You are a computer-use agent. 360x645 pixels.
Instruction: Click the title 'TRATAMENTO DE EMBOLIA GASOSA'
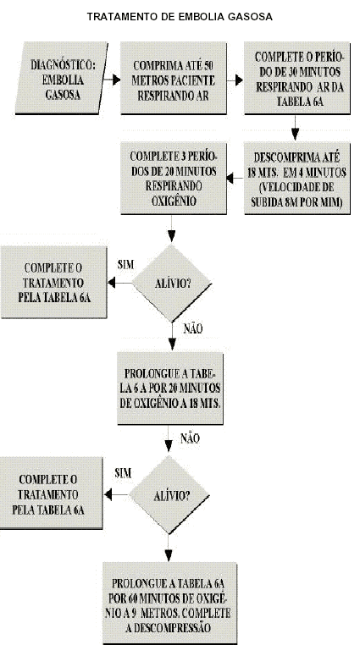click(180, 17)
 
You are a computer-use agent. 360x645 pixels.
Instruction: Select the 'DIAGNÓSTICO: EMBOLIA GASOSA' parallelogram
click(62, 78)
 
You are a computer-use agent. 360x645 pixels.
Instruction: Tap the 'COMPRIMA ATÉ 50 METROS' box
click(173, 78)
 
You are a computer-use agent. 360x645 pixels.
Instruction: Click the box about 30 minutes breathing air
click(297, 78)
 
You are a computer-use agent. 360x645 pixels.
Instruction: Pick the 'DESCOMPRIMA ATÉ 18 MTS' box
click(297, 178)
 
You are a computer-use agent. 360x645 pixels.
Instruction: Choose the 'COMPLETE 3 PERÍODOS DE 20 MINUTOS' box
click(173, 178)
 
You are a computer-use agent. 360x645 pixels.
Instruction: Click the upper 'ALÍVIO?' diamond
click(172, 283)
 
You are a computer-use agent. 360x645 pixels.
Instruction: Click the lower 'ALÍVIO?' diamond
click(169, 495)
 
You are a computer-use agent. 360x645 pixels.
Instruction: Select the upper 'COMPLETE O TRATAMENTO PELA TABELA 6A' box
click(54, 282)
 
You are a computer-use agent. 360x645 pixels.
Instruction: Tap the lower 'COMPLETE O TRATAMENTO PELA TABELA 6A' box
click(51, 493)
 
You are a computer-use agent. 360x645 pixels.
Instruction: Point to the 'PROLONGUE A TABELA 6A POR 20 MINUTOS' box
click(170, 388)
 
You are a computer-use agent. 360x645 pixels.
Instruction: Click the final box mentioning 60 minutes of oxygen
click(169, 603)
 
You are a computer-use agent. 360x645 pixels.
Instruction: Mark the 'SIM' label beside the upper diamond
click(125, 264)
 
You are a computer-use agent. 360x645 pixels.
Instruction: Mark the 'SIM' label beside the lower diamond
click(123, 472)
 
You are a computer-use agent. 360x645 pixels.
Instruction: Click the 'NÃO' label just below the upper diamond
click(193, 328)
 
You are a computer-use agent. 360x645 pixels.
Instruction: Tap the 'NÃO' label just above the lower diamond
click(190, 438)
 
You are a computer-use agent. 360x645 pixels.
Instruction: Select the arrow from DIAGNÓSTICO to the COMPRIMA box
click(112, 80)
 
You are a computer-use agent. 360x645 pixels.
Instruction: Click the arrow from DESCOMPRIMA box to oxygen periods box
click(235, 178)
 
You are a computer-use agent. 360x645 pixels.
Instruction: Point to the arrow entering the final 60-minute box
click(169, 549)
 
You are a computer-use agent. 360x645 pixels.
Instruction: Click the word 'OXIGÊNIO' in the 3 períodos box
click(174, 201)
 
